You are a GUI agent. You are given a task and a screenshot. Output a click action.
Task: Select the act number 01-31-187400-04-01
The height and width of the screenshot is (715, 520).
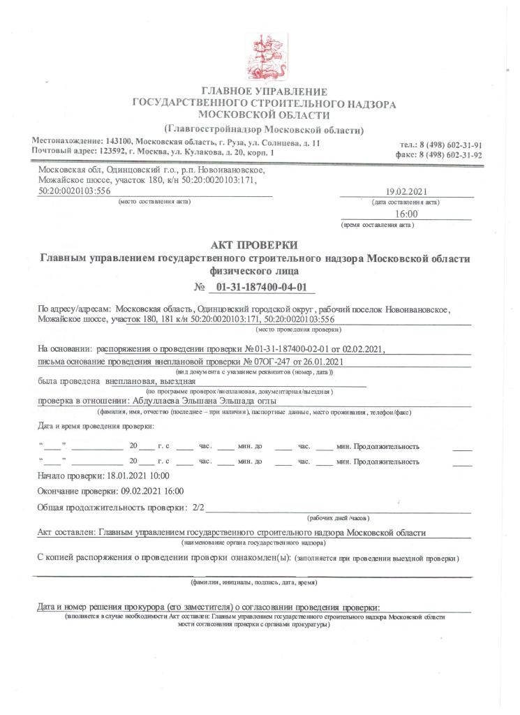coord(262,287)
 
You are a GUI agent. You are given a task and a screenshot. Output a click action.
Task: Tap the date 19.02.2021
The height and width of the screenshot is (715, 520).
coord(407,192)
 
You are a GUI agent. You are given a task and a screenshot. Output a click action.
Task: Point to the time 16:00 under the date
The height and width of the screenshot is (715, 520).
coord(406,214)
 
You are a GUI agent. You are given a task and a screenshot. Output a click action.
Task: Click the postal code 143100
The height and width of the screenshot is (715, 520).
coord(119,142)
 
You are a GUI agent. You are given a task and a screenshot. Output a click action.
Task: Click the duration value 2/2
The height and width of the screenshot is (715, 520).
coord(198,507)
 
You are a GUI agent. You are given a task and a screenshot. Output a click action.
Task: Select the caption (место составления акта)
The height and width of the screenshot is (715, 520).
coord(154,202)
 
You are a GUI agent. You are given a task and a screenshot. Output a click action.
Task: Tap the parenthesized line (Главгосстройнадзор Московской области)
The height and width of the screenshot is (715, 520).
coord(264,129)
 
